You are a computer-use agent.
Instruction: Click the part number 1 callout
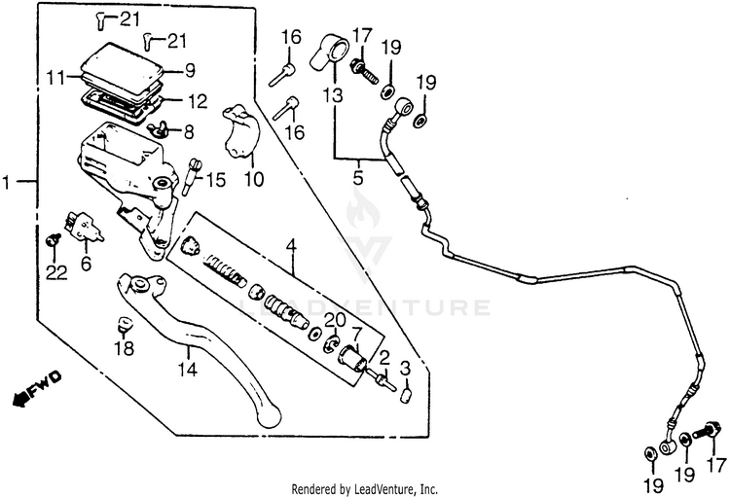(8, 182)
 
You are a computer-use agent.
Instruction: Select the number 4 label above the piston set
(290, 245)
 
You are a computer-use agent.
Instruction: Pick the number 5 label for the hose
(357, 179)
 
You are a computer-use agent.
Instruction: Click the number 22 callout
(56, 273)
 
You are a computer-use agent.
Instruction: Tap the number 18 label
(125, 348)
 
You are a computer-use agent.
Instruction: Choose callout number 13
(334, 95)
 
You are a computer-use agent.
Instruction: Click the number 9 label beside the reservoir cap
(191, 70)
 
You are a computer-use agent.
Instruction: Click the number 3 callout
(406, 367)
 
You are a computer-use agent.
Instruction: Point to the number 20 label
(334, 320)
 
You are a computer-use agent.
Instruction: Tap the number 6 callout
(85, 264)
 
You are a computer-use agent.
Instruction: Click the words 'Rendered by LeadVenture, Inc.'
(365, 489)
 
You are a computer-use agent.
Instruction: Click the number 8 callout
(188, 130)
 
